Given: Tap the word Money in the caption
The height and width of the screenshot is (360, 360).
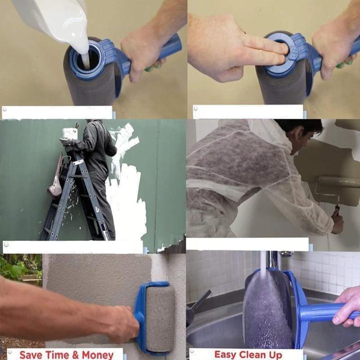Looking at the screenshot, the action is pos(98,355).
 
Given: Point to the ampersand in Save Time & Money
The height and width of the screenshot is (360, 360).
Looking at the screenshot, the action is pos(75,355).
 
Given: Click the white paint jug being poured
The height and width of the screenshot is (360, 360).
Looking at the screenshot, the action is pos(53,21).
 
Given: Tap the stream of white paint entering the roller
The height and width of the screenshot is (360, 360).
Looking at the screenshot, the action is pos(85,60).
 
